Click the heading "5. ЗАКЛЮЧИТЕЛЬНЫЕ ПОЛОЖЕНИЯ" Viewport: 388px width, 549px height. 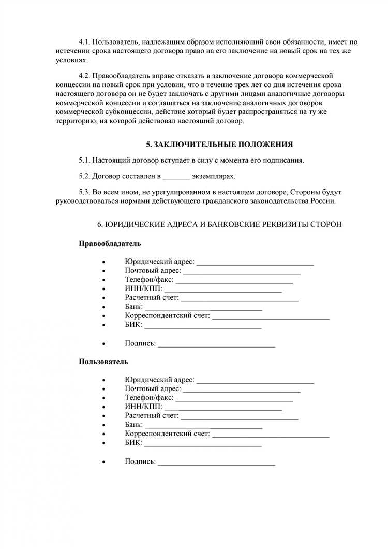point(219,145)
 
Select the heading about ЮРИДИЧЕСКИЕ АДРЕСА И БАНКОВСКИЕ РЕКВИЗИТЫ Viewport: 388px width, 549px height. point(219,224)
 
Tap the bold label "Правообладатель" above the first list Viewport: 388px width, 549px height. point(110,243)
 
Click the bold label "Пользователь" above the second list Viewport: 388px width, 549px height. point(103,361)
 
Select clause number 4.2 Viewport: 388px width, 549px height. point(85,76)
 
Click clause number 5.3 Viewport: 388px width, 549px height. point(85,192)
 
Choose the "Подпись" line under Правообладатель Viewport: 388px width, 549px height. point(216,344)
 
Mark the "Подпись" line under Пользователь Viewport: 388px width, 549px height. point(216,461)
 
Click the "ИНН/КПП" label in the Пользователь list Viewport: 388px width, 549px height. point(143,407)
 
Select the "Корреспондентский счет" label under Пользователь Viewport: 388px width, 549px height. point(167,434)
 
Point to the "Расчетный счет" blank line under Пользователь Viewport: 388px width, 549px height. point(240,415)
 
